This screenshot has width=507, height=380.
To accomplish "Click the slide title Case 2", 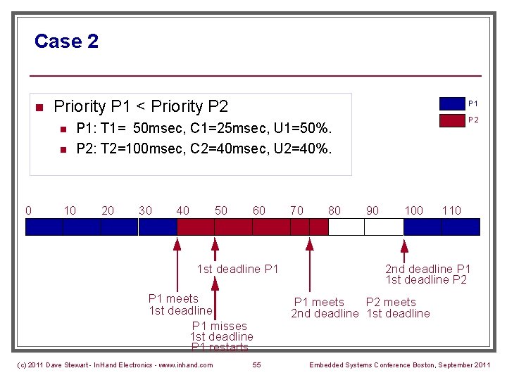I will (66, 42).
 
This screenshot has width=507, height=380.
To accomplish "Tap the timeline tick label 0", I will (28, 210).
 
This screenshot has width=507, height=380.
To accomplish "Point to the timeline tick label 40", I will (182, 210).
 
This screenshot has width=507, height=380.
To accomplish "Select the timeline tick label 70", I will (296, 210).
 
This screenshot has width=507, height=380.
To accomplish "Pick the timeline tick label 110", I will (451, 210).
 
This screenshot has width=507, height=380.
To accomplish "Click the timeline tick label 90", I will (373, 210).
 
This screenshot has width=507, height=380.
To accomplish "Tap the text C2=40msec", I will (227, 148).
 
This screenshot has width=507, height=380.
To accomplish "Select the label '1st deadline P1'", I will (238, 269).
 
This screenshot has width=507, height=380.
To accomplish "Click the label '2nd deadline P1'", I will (427, 269).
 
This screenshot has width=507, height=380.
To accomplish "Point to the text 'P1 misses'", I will (220, 326).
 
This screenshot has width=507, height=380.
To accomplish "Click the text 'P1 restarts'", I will (220, 347).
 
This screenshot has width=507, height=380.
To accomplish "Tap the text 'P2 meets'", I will (392, 303).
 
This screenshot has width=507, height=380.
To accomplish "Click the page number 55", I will (257, 365).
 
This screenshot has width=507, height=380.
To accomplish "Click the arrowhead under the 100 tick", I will (404, 246).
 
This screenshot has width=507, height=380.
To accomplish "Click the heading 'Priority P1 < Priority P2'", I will (141, 107).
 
